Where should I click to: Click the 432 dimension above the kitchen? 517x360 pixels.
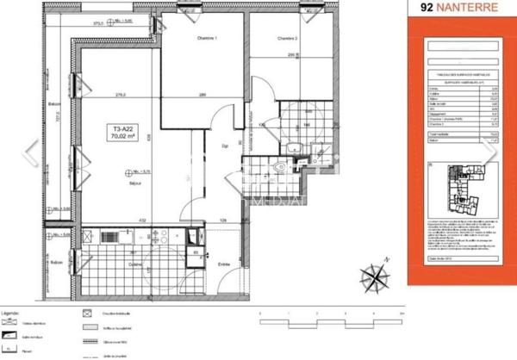(156, 221)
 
